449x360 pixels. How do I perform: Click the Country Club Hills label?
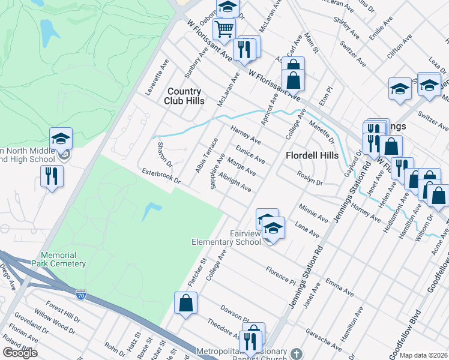click(184, 96)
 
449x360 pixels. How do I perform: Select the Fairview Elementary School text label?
click(226, 238)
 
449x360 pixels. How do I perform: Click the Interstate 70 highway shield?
click(81, 294)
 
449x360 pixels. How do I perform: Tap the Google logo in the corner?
click(20, 353)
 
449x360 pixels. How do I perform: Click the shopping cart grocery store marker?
click(224, 28)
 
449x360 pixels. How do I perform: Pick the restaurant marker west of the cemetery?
click(52, 176)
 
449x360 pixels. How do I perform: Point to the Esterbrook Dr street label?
click(160, 177)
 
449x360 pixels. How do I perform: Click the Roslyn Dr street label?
click(310, 178)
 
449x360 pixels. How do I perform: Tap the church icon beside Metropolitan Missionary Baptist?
click(295, 353)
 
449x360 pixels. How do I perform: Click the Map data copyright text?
click(423, 355)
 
